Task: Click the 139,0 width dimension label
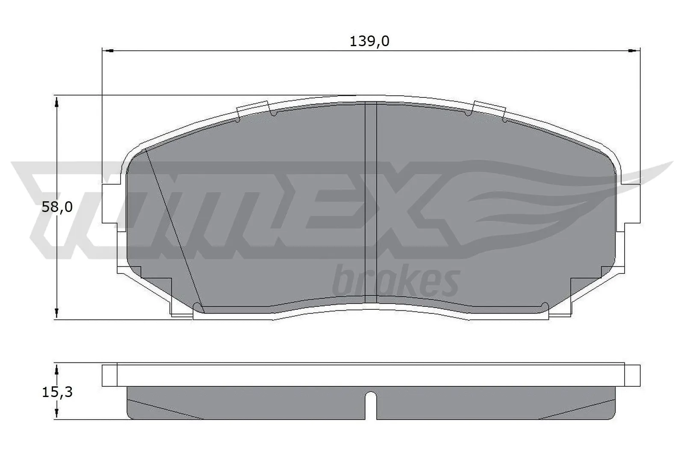pyautogui.click(x=369, y=41)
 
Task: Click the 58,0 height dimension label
pyautogui.click(x=57, y=207)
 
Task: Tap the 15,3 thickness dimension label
pyautogui.click(x=57, y=391)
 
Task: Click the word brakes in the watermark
pyautogui.click(x=395, y=282)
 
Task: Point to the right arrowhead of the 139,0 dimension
pyautogui.click(x=634, y=51)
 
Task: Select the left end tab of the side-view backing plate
pyautogui.click(x=109, y=375)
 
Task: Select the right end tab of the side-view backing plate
pyautogui.click(x=633, y=375)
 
